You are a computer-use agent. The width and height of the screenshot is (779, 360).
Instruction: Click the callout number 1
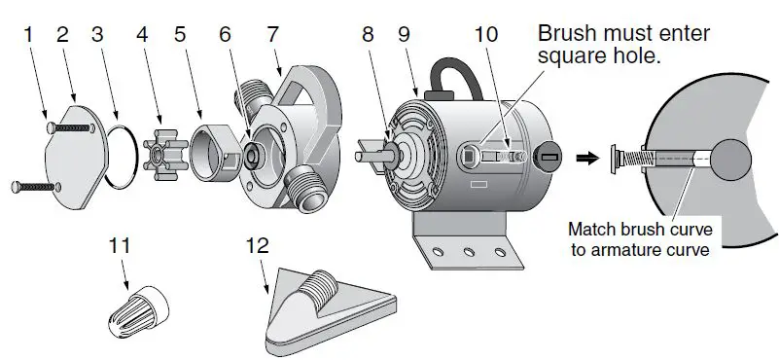tap(28, 35)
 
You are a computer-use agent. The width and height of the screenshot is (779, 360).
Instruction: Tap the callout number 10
tap(486, 35)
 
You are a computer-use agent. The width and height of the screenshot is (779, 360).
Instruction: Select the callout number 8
tap(368, 35)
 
